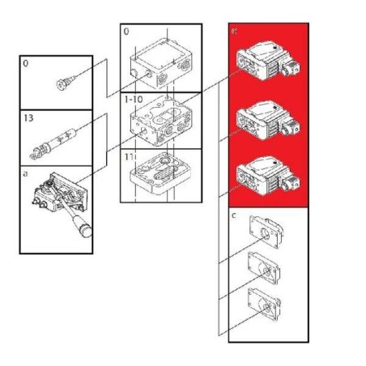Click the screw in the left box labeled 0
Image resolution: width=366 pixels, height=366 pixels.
tap(64, 80)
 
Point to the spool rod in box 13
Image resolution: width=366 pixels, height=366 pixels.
tap(53, 143)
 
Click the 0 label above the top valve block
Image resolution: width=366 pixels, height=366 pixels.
tap(126, 33)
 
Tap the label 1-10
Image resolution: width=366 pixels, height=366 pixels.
tap(133, 99)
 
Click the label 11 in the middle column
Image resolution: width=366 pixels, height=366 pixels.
tap(127, 153)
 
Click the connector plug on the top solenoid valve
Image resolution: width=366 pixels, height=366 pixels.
tap(292, 64)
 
